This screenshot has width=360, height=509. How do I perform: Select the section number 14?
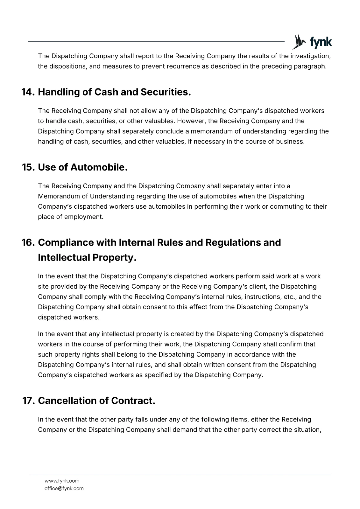28,92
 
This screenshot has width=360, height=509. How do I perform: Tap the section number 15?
28,167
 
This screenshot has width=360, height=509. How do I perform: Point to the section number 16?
28,243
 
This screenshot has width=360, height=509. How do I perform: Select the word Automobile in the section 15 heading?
99,167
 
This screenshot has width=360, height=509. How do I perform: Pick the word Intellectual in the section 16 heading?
64,258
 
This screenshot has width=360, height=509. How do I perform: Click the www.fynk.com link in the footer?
62,481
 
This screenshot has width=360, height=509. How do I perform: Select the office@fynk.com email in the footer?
64,488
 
